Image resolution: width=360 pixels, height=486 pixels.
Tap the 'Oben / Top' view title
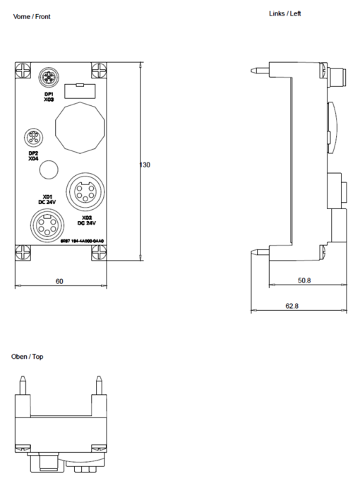point(28,357)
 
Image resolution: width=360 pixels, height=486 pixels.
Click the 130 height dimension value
point(144,165)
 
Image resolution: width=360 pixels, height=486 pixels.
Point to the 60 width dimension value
point(60,281)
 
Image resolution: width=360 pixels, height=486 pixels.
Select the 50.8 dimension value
point(304,281)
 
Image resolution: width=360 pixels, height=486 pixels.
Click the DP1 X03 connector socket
point(49,76)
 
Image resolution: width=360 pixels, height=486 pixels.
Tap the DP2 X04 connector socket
point(32,137)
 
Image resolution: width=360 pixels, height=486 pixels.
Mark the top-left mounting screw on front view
point(22,71)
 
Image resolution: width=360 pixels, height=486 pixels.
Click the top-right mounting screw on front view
point(99,71)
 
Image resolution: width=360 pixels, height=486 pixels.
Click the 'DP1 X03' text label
point(49,97)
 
